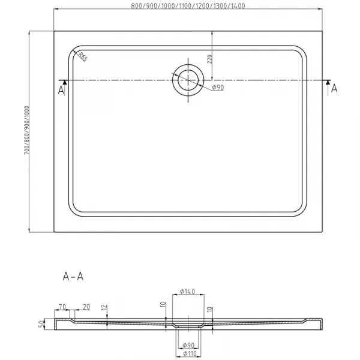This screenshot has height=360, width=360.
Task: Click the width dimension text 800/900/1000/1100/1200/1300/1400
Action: (x=188, y=6)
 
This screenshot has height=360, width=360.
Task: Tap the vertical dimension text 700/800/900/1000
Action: (x=27, y=130)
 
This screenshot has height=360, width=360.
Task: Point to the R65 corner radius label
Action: (x=83, y=57)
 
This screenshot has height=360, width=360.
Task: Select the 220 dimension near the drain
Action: (x=209, y=59)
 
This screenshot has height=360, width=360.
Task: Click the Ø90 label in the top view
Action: (x=218, y=88)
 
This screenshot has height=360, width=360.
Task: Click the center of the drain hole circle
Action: (x=188, y=80)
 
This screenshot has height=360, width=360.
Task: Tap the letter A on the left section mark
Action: (x=61, y=91)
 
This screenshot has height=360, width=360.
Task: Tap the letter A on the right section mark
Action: (x=334, y=89)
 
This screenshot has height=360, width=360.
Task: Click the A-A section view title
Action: (x=73, y=276)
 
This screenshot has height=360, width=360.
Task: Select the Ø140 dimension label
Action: (x=188, y=292)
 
